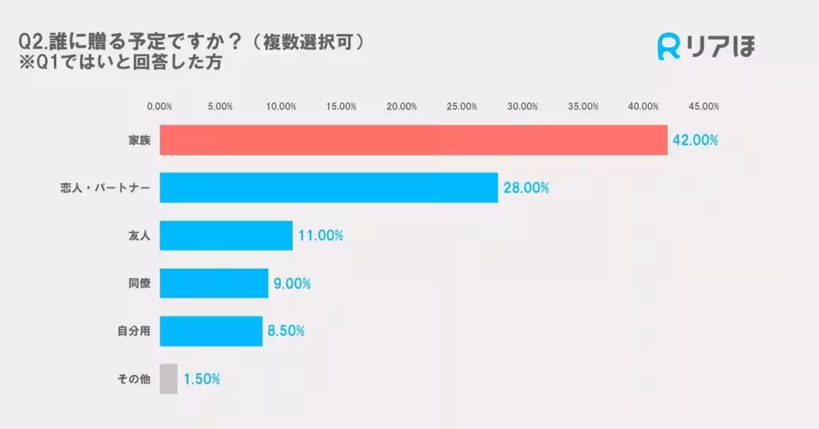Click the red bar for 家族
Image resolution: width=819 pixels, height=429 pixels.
(x=414, y=140)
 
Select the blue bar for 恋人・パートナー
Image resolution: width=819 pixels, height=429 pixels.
(x=329, y=188)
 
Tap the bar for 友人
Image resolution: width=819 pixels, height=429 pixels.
(x=226, y=236)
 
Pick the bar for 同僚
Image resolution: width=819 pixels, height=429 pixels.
(x=214, y=283)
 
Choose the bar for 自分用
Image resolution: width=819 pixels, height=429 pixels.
(x=211, y=331)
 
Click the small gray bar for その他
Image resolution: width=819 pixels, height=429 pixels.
(x=169, y=379)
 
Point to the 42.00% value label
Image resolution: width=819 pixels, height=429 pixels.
(x=695, y=141)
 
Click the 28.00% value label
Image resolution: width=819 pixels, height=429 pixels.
(x=526, y=188)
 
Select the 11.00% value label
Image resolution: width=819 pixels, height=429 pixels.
(x=320, y=236)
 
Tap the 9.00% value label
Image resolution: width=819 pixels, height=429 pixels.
(x=292, y=283)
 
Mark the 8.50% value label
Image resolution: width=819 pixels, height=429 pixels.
(x=286, y=331)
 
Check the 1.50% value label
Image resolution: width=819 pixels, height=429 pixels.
(x=201, y=379)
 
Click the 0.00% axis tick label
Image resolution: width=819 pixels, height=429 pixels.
(x=160, y=107)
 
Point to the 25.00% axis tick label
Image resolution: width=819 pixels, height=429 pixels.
(x=462, y=107)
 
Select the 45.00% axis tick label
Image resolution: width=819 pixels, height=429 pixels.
(x=704, y=107)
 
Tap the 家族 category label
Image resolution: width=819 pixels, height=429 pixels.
(x=139, y=141)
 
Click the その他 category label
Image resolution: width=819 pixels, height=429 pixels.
(x=134, y=379)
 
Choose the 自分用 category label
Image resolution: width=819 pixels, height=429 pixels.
(x=134, y=331)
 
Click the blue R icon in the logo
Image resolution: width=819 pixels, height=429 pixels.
(x=669, y=46)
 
